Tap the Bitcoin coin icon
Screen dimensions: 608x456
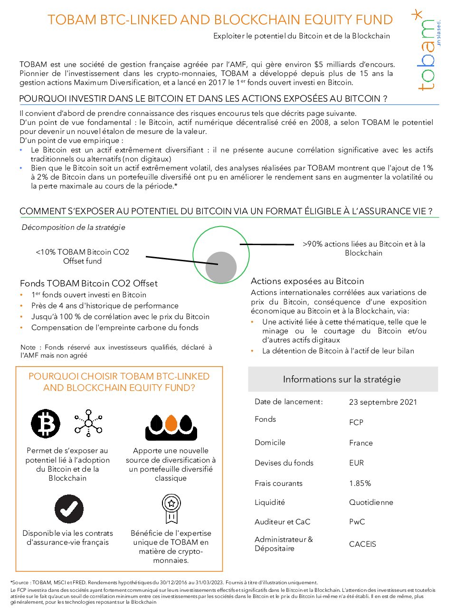pyautogui.click(x=46, y=423)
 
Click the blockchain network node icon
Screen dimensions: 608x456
pyautogui.click(x=88, y=423)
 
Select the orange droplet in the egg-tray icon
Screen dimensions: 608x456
pyautogui.click(x=171, y=422)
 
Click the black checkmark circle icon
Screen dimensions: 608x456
pyautogui.click(x=69, y=509)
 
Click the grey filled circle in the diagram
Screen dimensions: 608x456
pyautogui.click(x=221, y=267)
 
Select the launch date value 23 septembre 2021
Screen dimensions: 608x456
pyautogui.click(x=383, y=402)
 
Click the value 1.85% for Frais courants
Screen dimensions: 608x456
pyautogui.click(x=360, y=483)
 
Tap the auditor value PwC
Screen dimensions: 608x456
pyautogui.click(x=357, y=522)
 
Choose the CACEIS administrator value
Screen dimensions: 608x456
pyautogui.click(x=362, y=544)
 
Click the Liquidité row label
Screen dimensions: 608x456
pyautogui.click(x=270, y=502)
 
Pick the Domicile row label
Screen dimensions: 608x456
pyautogui.click(x=270, y=442)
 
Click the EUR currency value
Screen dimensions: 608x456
pyautogui.click(x=356, y=463)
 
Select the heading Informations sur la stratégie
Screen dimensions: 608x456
pyautogui.click(x=342, y=379)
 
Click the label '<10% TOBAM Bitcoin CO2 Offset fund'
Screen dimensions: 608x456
pyautogui.click(x=83, y=256)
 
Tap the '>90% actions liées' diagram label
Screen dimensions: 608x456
pyautogui.click(x=364, y=248)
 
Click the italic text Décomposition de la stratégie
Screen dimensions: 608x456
pyautogui.click(x=74, y=227)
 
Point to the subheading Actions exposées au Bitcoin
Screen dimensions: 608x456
pyautogui.click(x=307, y=281)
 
